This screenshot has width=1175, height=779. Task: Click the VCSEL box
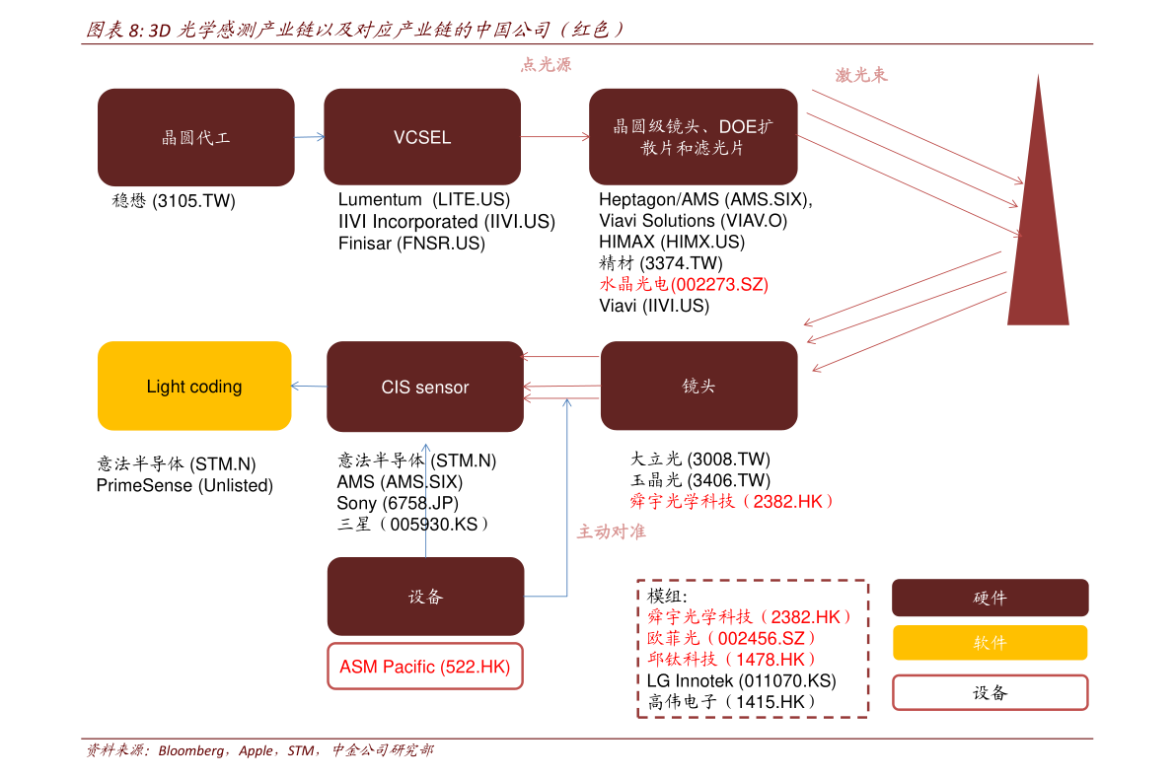(422, 136)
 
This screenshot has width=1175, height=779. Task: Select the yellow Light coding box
(194, 386)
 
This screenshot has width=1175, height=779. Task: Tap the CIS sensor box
(425, 387)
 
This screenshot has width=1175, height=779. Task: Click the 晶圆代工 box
(195, 137)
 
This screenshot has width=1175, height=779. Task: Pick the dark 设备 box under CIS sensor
(425, 597)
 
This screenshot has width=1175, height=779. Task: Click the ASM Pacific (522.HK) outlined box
(425, 666)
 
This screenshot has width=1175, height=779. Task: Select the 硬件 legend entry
(990, 598)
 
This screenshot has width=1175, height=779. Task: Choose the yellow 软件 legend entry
(990, 643)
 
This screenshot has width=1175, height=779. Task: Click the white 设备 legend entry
(990, 693)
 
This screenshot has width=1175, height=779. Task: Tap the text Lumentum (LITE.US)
(424, 199)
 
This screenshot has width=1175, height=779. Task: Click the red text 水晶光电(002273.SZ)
(684, 285)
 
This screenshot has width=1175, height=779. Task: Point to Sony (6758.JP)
(398, 503)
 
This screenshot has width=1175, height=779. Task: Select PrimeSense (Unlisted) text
(184, 485)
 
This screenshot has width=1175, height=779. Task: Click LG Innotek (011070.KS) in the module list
(741, 680)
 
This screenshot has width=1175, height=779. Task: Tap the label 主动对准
(611, 531)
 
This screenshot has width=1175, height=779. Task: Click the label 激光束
(861, 75)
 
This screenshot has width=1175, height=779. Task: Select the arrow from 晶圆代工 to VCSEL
(310, 137)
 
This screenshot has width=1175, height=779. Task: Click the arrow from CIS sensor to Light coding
(309, 386)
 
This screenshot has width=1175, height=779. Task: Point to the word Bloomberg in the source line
(190, 750)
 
